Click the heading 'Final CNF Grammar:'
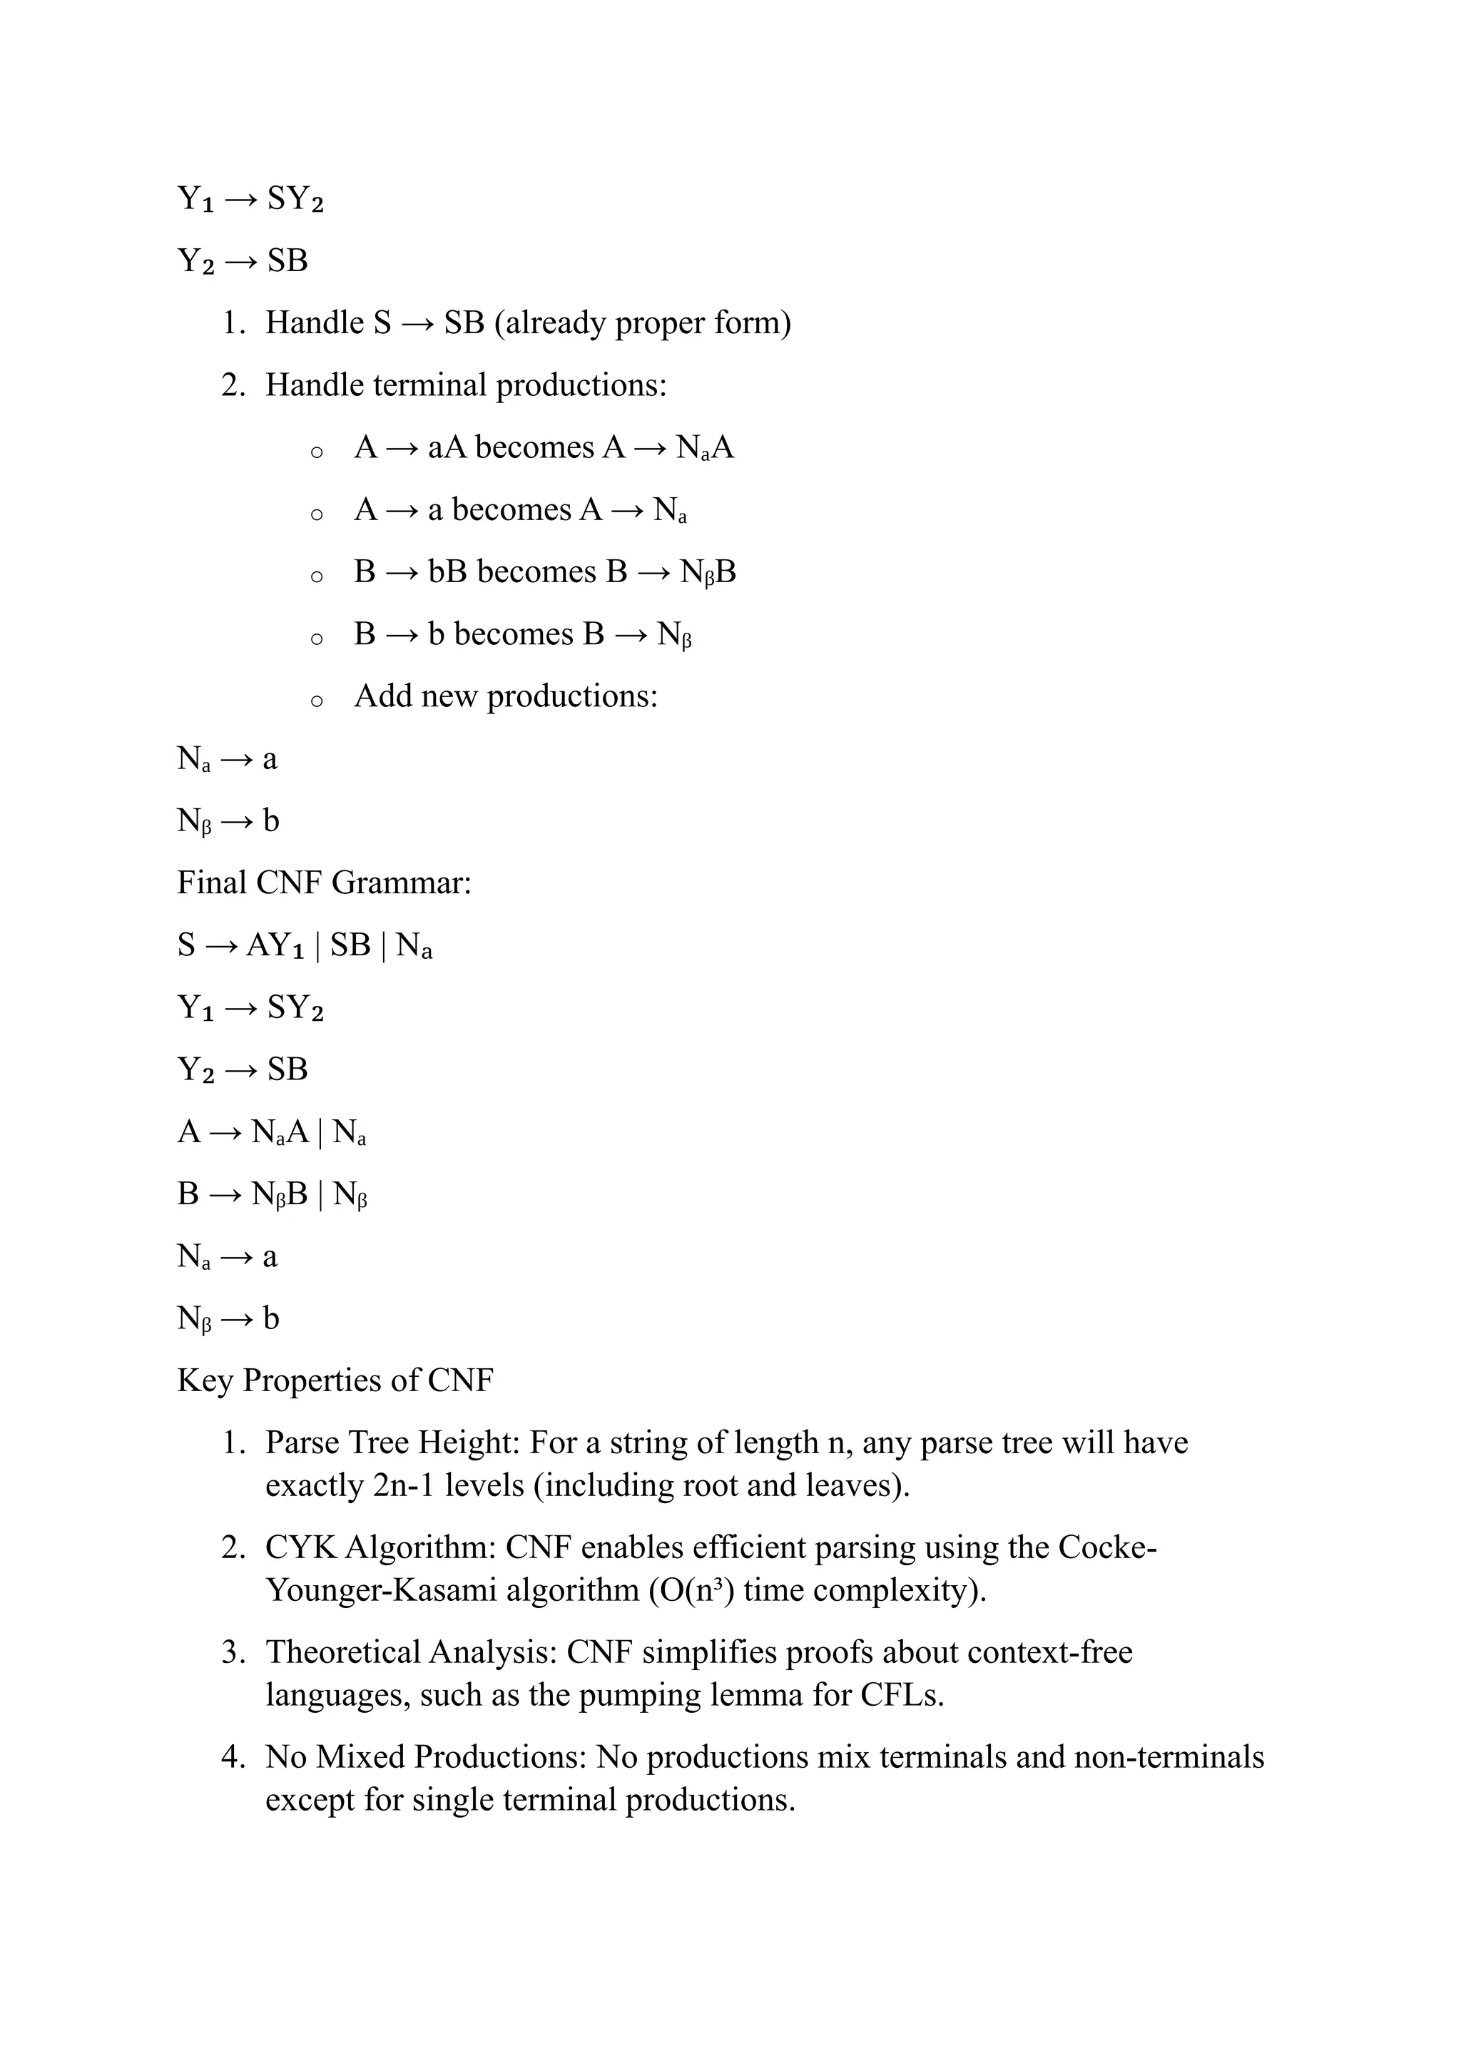point(324,882)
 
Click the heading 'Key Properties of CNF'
point(335,1380)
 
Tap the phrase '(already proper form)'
point(642,323)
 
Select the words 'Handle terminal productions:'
point(466,385)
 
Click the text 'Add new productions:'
point(506,696)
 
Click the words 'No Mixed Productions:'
point(427,1757)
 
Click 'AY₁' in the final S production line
point(275,946)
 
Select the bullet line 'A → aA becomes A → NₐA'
point(544,447)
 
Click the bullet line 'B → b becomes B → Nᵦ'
point(523,634)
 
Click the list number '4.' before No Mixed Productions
point(233,1757)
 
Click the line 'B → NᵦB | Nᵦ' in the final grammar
point(273,1195)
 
